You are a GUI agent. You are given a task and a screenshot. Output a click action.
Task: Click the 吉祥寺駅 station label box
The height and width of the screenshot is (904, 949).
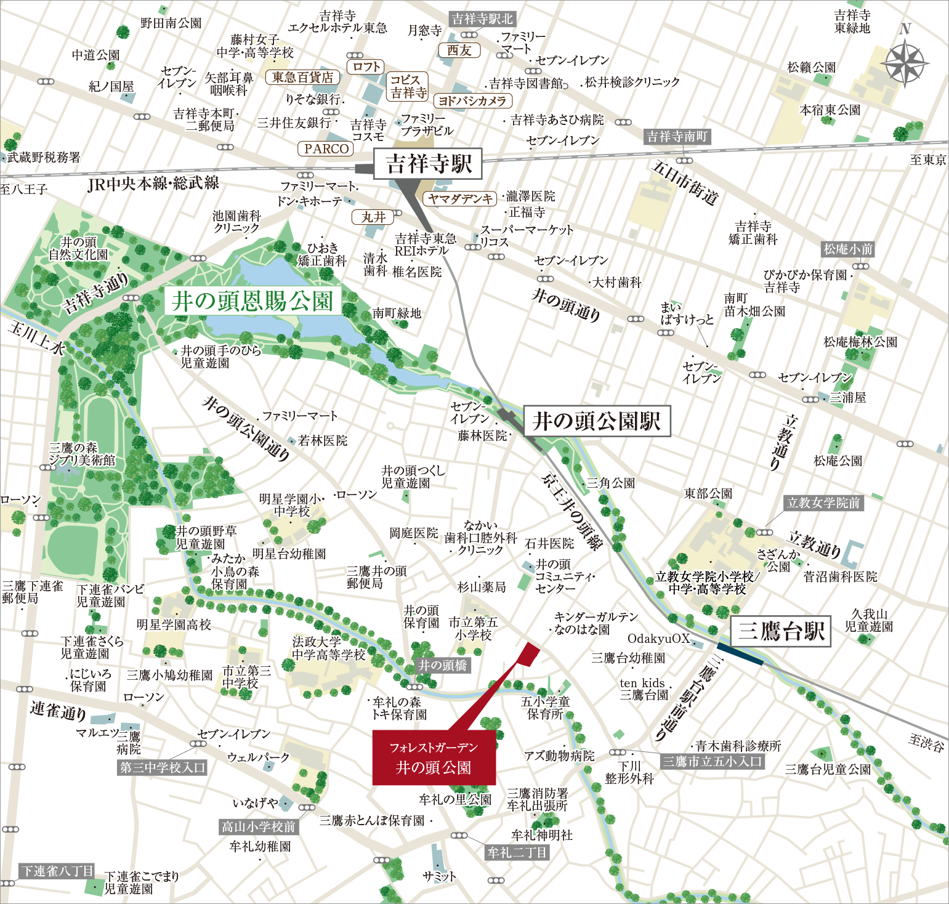click(428, 164)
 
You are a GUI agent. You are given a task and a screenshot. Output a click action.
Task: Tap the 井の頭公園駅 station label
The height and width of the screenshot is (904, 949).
click(596, 421)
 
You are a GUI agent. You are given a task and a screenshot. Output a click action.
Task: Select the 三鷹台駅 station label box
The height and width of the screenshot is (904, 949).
click(781, 631)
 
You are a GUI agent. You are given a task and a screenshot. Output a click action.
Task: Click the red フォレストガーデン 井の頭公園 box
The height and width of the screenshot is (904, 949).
click(434, 757)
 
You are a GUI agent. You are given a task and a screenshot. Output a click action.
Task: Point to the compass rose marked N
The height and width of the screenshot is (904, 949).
click(904, 62)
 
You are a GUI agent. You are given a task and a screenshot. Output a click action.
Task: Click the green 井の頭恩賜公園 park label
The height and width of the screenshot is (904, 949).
click(252, 301)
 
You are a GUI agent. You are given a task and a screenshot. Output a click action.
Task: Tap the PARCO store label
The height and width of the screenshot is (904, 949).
click(326, 148)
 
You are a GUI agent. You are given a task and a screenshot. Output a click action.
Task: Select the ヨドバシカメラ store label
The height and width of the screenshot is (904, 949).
click(472, 100)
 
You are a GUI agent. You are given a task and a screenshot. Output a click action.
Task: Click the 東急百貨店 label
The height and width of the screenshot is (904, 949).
click(302, 77)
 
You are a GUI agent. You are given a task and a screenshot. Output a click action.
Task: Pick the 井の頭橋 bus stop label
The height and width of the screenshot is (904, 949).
click(443, 665)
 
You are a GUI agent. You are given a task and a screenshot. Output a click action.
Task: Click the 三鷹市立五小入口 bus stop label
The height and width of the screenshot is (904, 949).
click(713, 761)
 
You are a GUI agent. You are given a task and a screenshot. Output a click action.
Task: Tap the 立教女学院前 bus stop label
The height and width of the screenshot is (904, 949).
click(823, 502)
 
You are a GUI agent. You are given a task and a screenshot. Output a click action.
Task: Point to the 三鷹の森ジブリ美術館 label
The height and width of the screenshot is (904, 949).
click(83, 454)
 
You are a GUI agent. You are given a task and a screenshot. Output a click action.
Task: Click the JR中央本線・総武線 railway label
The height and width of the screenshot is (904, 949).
click(153, 183)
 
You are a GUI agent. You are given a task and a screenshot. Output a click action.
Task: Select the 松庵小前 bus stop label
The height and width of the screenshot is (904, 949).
click(848, 249)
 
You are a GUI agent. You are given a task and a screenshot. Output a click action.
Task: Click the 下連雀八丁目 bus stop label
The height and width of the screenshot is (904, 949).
click(57, 871)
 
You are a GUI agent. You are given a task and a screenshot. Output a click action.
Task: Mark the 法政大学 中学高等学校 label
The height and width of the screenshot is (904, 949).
click(328, 648)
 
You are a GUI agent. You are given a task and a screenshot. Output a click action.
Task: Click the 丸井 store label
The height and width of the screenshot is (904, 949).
click(373, 217)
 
